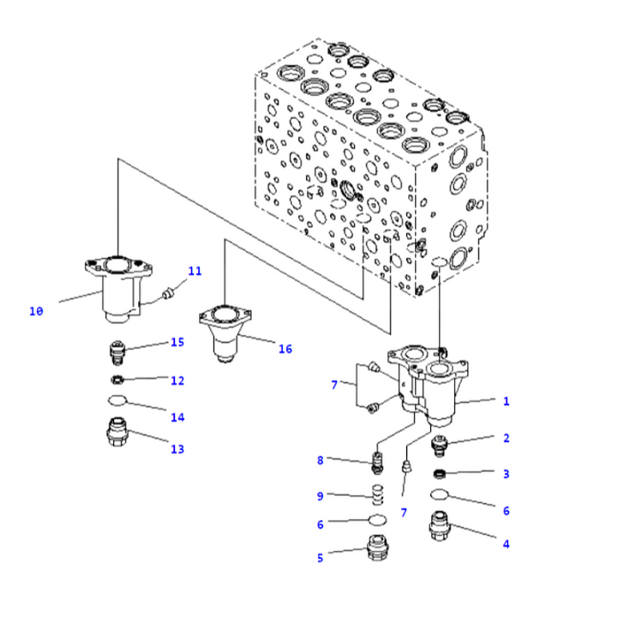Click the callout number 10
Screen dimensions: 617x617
[x=36, y=311]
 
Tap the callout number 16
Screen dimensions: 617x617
[x=285, y=349]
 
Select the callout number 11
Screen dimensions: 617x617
[x=195, y=271]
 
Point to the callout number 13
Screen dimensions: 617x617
[x=177, y=449]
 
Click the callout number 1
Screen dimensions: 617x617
[x=506, y=401]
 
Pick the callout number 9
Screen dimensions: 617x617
[x=320, y=496]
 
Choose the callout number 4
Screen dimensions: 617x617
[x=506, y=544]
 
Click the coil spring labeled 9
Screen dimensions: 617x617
[x=378, y=494]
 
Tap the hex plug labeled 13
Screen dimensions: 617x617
[x=117, y=432]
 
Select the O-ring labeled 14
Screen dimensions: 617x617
[x=117, y=400]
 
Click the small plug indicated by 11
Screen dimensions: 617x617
[x=169, y=294]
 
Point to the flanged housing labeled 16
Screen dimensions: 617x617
[x=225, y=333]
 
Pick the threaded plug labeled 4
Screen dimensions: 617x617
[x=440, y=525]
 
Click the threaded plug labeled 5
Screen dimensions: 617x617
[x=378, y=548]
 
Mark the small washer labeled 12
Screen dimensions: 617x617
[x=117, y=380]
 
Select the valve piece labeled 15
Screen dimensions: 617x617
[x=117, y=352]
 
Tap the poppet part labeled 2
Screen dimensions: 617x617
[x=440, y=446]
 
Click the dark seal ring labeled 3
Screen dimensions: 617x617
[x=439, y=474]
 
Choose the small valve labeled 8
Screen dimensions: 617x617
[x=377, y=463]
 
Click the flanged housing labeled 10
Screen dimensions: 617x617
[x=118, y=289]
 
